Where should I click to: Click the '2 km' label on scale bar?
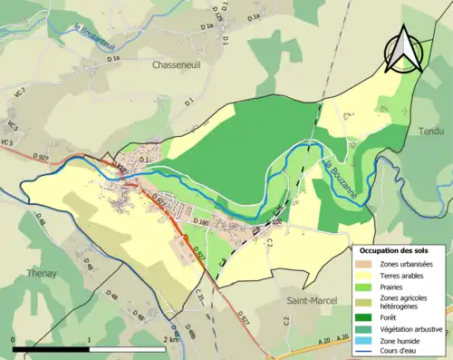pyautogui.click(x=171, y=339)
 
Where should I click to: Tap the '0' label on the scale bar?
pyautogui.click(x=14, y=339)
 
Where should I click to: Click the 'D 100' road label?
pyautogui.click(x=200, y=221)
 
